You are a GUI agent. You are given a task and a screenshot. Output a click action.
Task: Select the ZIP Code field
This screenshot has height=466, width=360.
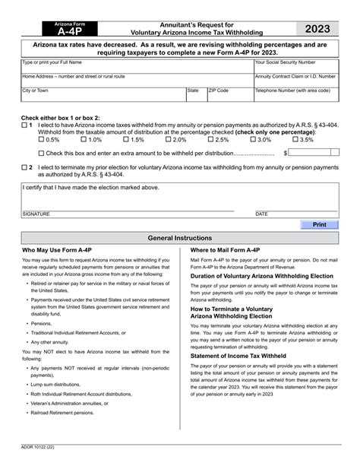click(x=229, y=94)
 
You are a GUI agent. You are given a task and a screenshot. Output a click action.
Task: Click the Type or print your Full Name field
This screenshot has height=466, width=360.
click(x=137, y=66)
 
